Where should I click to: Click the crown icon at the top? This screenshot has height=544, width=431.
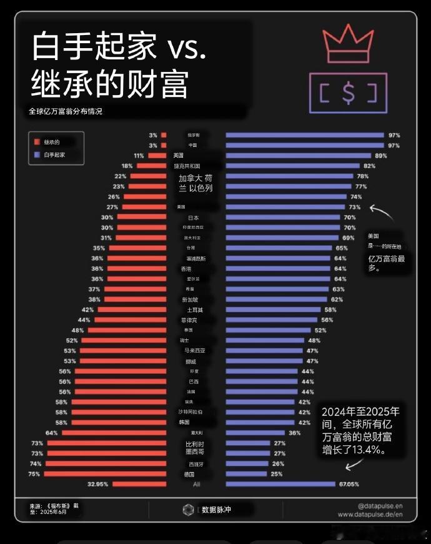[x=347, y=43]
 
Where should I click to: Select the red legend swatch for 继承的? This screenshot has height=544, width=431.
[x=37, y=142]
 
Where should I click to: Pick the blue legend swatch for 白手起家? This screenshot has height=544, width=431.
[x=37, y=154]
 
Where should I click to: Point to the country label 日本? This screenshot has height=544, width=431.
[x=194, y=217]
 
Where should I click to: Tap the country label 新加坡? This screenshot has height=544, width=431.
[x=190, y=300]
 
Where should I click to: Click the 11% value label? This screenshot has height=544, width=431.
[x=139, y=156]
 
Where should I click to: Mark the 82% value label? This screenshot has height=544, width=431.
[x=369, y=166]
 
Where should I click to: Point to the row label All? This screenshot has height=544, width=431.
[x=196, y=484]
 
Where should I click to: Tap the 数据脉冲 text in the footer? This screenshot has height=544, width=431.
[x=216, y=510]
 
